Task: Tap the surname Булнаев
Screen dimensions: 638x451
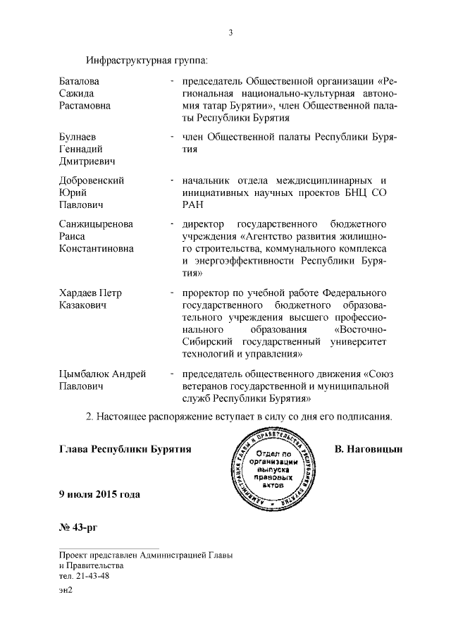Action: point(78,137)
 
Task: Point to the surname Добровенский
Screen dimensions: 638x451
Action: point(92,180)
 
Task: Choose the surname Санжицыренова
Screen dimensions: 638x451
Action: point(96,224)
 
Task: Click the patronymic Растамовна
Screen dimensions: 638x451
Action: point(85,106)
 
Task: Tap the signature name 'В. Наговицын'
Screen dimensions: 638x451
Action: point(368,448)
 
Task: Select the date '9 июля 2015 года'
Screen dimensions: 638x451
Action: point(99,494)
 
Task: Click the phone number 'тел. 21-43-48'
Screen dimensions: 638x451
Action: point(84,575)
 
